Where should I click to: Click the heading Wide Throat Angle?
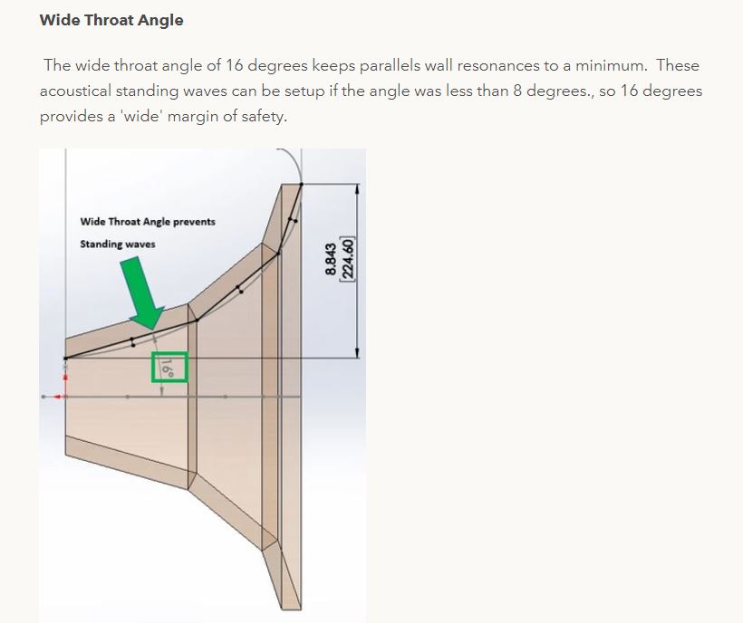tap(111, 20)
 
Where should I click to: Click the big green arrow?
tap(141, 292)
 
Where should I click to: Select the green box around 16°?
tap(169, 367)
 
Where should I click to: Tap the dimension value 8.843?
tap(331, 259)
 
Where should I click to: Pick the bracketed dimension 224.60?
tap(348, 259)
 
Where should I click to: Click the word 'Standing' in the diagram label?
tap(98, 244)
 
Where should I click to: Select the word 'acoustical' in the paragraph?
tap(75, 91)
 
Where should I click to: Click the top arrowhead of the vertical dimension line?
tap(357, 188)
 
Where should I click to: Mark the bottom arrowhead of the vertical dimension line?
tap(357, 352)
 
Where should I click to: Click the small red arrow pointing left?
tap(57, 397)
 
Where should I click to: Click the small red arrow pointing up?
tap(65, 378)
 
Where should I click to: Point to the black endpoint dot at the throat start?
tap(65, 359)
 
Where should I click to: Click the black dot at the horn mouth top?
tap(302, 184)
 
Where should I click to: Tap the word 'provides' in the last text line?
tap(72, 117)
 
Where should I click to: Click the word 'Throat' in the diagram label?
tap(124, 222)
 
